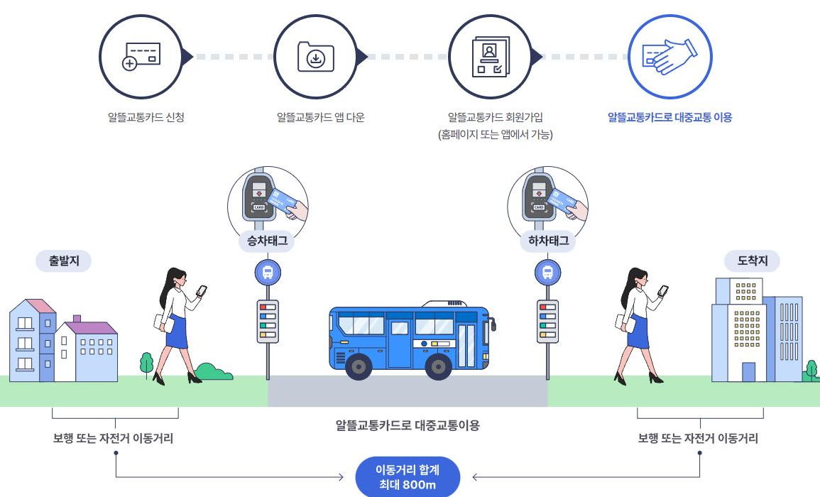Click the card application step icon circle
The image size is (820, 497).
point(141,55)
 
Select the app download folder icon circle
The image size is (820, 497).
point(315,55)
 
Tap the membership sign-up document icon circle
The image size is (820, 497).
point(490,55)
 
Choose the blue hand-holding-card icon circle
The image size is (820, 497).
point(669,55)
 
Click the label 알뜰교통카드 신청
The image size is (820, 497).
point(141,117)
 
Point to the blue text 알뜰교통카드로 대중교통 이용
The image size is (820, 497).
point(669,117)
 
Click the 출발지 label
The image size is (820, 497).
point(64,261)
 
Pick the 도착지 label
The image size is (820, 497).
point(751,261)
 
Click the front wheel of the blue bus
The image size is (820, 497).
point(359,366)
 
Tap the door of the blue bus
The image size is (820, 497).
point(466,346)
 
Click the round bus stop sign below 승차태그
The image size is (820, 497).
point(268,272)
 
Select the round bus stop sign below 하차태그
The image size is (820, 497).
point(547,272)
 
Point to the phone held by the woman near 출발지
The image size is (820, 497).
point(202,290)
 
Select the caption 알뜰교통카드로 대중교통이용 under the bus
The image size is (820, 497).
point(408,425)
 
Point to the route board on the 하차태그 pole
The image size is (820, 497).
point(547,321)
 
